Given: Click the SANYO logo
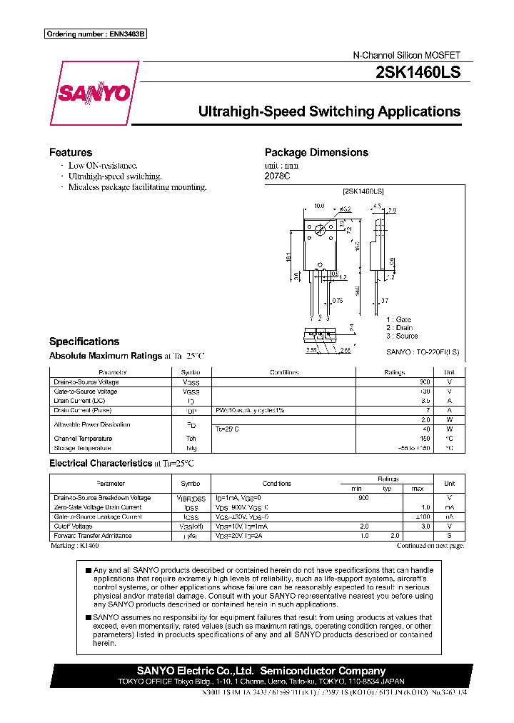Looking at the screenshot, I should pos(94,93).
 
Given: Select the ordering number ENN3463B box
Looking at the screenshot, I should pos(95,34).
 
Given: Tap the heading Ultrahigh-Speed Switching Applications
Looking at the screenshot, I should pos(328,111).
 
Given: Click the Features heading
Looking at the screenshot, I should pos(70,152).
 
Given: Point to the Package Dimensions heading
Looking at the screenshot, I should pos(316,152).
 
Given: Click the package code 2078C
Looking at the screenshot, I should pos(275,175).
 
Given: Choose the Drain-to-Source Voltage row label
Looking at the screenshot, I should pos(86,382).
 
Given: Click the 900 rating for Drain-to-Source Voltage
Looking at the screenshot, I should pos(425,382).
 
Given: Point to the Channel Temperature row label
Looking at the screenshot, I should pos(83,439).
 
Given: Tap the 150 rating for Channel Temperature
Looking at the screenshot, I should pos(425,439).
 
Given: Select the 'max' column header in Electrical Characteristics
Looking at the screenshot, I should pos(418,489).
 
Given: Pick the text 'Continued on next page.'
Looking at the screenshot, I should pos(430,545).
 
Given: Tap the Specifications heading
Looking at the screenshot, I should pos(84,341).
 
